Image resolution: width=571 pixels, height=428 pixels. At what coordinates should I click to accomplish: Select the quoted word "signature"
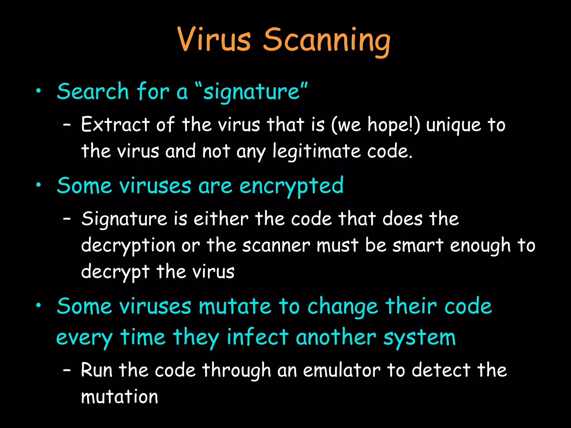point(251,92)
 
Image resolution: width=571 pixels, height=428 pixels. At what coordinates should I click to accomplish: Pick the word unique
point(454,125)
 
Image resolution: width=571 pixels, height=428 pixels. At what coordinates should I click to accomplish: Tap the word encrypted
point(291,186)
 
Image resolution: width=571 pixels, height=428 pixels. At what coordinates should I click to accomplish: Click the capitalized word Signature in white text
point(124,219)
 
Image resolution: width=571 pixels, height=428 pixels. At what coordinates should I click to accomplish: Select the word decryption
point(128,246)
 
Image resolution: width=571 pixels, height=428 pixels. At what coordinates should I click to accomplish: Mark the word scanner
point(276,245)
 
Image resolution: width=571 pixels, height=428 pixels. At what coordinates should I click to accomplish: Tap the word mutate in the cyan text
point(235,307)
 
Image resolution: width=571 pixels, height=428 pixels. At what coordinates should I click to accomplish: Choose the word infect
point(257,337)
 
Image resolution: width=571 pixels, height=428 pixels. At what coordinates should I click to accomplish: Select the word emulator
point(342,370)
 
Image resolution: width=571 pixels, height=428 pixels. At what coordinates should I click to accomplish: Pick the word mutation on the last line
point(119,397)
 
